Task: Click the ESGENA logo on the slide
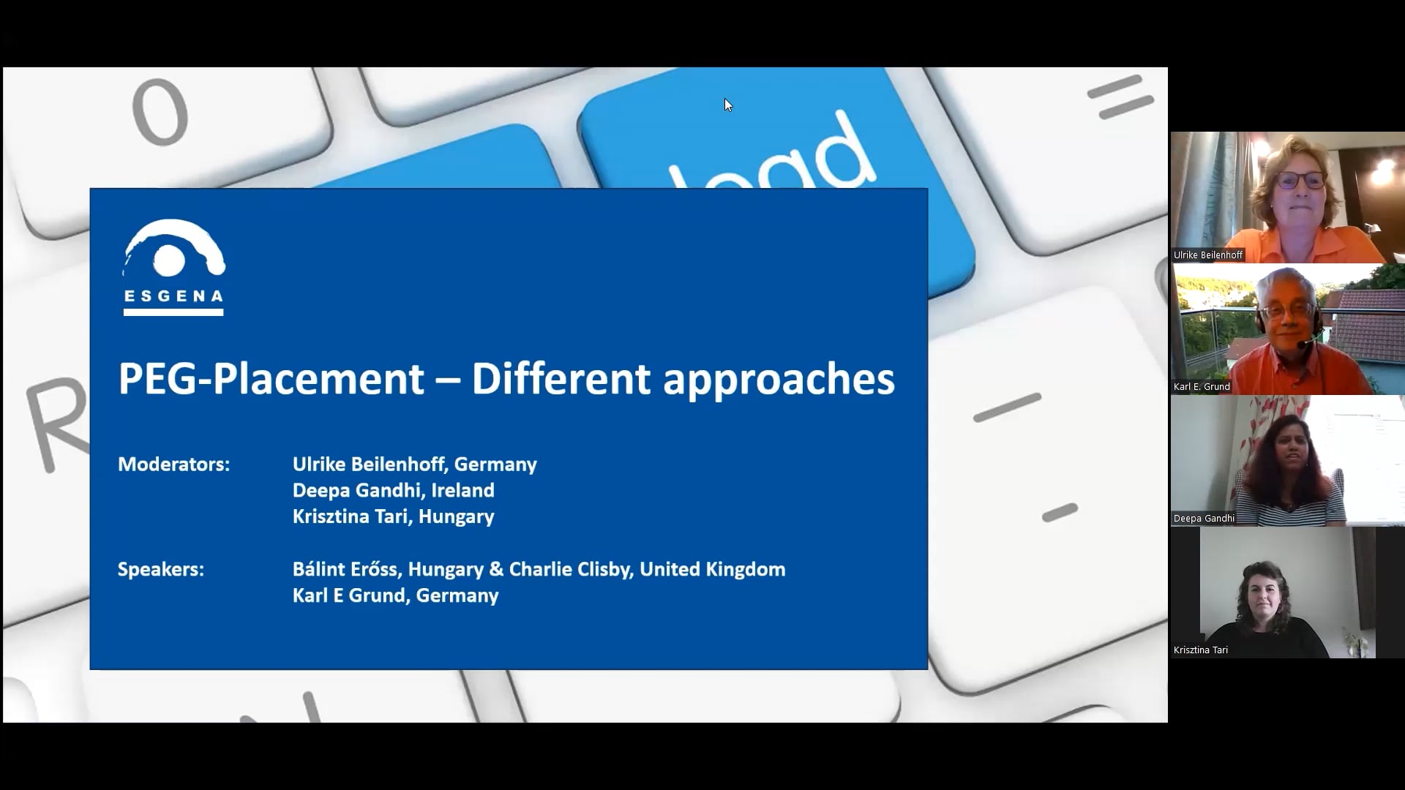(173, 267)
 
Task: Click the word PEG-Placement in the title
(271, 379)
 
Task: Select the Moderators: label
(173, 464)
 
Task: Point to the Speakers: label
(161, 569)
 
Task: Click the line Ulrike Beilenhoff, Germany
(415, 464)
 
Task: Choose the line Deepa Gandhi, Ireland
(394, 490)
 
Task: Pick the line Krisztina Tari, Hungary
(394, 516)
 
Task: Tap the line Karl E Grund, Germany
(396, 595)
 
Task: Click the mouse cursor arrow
(728, 105)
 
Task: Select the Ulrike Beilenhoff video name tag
(1208, 255)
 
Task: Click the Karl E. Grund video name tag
(1202, 387)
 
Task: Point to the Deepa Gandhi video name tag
(1204, 519)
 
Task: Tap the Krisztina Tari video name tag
(1201, 650)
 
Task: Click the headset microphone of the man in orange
(1307, 342)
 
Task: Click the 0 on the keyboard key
(160, 111)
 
